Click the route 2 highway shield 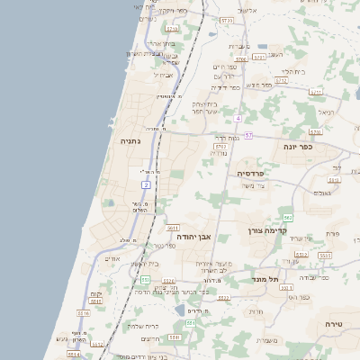click(x=146, y=184)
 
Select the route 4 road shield click(x=238, y=118)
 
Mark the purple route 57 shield click(x=248, y=135)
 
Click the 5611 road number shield click(x=173, y=228)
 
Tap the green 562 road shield click(x=287, y=217)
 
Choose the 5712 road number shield click(x=281, y=80)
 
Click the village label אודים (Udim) click(x=112, y=259)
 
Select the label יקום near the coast click(x=96, y=294)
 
